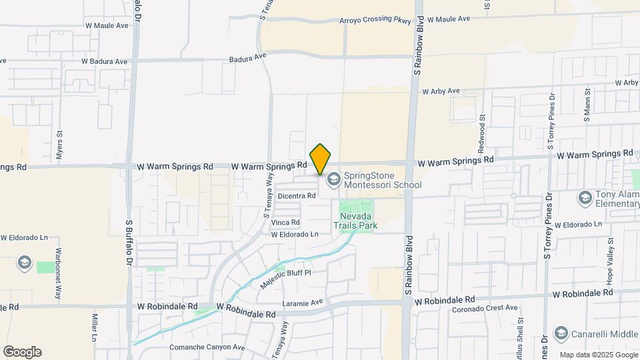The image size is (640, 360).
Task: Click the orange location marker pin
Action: tap(321, 159)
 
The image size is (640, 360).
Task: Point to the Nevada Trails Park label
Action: tap(359, 221)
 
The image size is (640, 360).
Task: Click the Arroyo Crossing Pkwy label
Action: tap(375, 19)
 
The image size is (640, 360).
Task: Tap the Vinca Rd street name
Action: tap(286, 222)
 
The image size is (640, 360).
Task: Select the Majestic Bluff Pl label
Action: tap(285, 277)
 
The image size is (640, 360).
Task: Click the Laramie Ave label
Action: tap(302, 301)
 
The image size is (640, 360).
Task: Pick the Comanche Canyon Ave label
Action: tap(206, 347)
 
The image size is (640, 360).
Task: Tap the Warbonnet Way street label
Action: tap(59, 273)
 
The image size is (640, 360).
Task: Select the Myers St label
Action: tap(59, 143)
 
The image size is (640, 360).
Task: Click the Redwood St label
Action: tap(481, 131)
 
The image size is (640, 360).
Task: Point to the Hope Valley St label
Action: tap(609, 256)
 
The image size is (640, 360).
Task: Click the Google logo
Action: tap(22, 352)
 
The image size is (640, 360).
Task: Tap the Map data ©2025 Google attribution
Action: tap(597, 355)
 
